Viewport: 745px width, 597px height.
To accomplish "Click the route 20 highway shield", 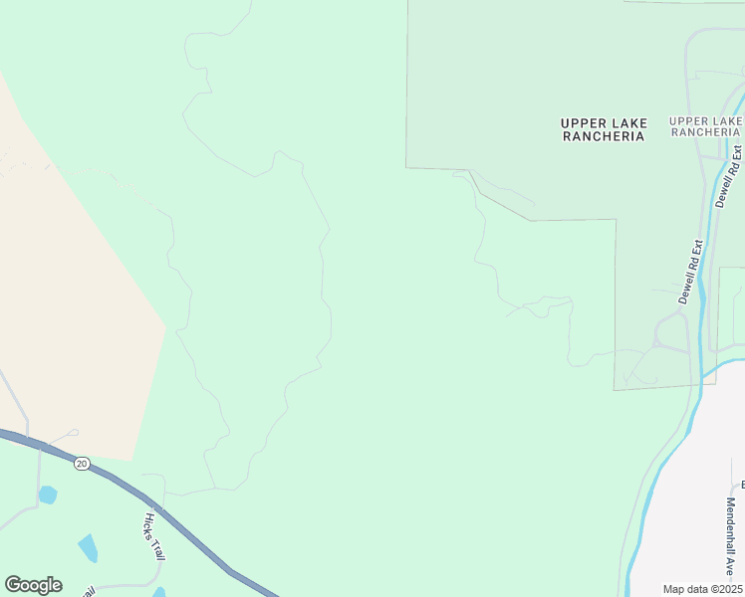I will [82, 463].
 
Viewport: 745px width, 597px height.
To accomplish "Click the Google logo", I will [33, 585].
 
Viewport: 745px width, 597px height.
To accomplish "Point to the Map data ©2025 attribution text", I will [701, 588].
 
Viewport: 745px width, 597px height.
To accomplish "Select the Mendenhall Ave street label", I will [731, 537].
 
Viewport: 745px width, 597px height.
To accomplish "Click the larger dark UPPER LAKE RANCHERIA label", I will [604, 130].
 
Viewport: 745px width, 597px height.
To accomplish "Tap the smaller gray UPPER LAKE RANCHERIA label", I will [706, 126].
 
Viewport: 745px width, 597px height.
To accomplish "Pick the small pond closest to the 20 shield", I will [47, 495].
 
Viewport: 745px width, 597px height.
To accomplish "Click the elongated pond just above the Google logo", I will [88, 548].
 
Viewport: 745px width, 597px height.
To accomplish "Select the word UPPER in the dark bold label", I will [582, 123].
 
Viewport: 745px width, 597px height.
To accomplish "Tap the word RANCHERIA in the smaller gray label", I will [706, 132].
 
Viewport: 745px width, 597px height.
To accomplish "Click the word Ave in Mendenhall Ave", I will [731, 568].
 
